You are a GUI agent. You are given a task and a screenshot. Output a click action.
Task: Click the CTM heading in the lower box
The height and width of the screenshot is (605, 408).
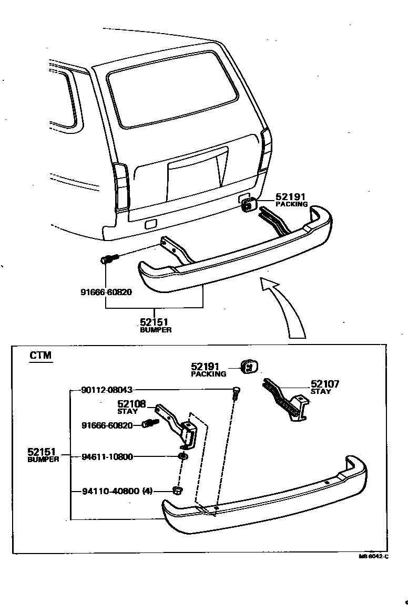coord(40,356)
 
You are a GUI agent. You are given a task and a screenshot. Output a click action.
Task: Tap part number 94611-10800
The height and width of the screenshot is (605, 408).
coord(107,456)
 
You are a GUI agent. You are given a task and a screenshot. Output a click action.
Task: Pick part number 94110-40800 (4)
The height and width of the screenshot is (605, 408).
coord(117,492)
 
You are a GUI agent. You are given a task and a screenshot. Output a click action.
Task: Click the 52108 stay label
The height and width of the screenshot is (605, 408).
coord(131,406)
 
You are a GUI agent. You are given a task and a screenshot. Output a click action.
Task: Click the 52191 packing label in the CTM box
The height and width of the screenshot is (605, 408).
coord(209,370)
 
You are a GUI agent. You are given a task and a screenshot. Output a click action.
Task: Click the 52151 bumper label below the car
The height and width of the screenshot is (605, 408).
coord(156,325)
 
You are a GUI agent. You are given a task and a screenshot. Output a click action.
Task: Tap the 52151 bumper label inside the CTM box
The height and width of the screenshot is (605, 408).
coord(44,454)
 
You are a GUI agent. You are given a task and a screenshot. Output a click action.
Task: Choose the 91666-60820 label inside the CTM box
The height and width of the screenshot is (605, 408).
coord(107,425)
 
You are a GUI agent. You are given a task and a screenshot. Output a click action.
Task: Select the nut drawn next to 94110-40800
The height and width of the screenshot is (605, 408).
coord(178,491)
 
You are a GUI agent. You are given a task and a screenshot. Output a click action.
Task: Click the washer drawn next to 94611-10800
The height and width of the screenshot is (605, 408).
coord(182,456)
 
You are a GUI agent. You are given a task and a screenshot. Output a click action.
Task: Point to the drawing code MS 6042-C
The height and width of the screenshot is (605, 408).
coord(373,557)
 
